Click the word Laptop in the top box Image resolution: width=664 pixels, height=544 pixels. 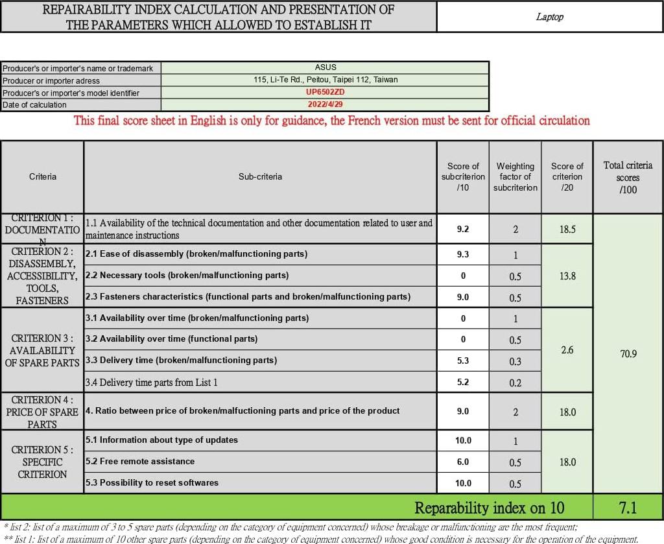pos(549,18)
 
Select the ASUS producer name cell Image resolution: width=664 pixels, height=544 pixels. pos(326,67)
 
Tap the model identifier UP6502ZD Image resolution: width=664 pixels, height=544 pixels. pos(326,92)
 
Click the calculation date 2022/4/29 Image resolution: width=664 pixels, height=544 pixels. pos(326,104)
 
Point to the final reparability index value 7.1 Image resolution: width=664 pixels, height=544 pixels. pos(627,506)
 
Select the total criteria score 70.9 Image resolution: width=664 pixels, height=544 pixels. pos(628,354)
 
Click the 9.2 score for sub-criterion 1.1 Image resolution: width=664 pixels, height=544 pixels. pos(463,229)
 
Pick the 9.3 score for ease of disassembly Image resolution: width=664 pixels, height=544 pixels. pos(463,254)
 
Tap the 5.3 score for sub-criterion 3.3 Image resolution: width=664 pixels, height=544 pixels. pos(463,361)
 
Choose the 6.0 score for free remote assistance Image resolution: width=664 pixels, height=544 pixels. pos(463,462)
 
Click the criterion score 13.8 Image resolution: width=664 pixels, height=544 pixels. pos(567,276)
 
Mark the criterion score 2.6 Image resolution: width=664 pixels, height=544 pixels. pos(567,350)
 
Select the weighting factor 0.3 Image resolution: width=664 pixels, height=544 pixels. pos(516,361)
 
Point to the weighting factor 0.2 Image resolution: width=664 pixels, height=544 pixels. pos(516,383)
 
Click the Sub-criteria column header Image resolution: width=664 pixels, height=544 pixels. pos(260,176)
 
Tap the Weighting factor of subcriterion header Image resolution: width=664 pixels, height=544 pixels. pos(516,177)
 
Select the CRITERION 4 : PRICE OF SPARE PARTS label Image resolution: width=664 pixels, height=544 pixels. pos(42,412)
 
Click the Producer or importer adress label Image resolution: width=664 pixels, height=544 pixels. pos(51,80)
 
